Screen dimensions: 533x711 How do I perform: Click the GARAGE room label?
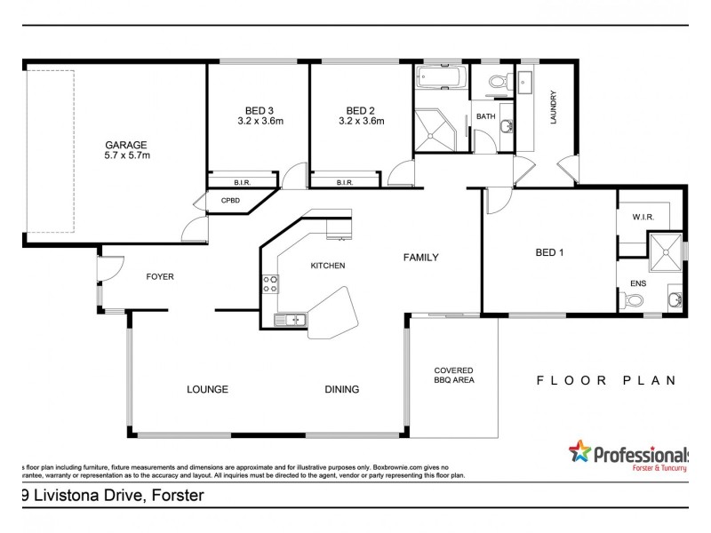[x=126, y=145]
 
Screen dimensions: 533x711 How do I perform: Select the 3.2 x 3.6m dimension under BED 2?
[x=361, y=122]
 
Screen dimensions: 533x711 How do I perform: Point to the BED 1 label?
[x=550, y=252]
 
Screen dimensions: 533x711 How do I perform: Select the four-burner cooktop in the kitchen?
[x=270, y=284]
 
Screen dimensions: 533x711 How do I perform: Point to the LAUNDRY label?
[x=553, y=108]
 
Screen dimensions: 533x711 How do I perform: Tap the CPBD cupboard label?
[x=231, y=201]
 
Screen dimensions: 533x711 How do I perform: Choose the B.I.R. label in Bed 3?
[x=242, y=183]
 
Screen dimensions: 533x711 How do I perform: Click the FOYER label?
[x=159, y=276]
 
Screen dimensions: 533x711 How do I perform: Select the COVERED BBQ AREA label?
[x=453, y=374]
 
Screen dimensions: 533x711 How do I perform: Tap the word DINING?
[x=341, y=389]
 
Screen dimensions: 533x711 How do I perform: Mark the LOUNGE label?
[x=207, y=389]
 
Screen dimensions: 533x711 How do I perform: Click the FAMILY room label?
[x=421, y=258]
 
